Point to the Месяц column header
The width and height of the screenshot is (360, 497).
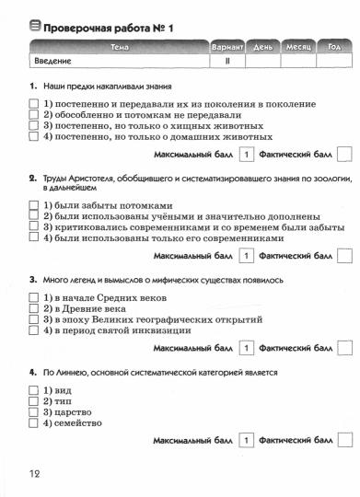click(x=296, y=46)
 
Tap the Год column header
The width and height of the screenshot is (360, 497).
click(x=333, y=46)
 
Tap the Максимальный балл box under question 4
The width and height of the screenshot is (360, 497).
click(x=246, y=441)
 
